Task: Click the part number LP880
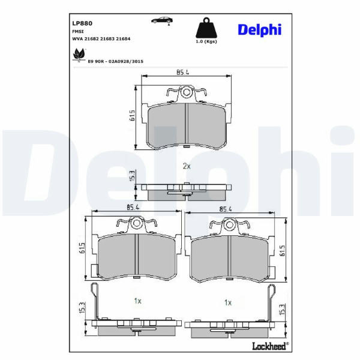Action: pos(82,23)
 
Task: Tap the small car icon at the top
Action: pos(162,20)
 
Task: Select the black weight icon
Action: pos(206,28)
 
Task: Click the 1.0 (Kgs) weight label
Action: pos(206,41)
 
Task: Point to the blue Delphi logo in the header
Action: pos(260,30)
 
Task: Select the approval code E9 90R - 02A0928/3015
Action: pos(115,62)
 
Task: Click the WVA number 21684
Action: pos(123,39)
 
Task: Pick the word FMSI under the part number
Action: pos(78,31)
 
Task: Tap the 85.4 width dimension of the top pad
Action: pos(182,73)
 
